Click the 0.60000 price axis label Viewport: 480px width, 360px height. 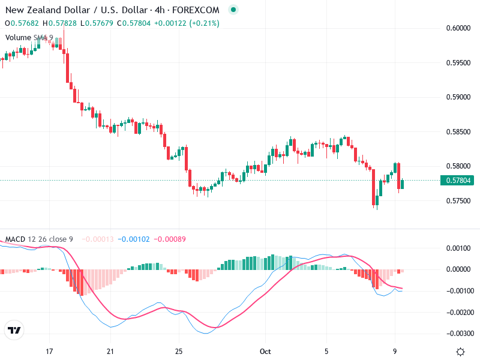pos(458,28)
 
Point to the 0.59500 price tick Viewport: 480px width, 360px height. pos(458,62)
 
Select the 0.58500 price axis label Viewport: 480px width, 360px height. pos(458,131)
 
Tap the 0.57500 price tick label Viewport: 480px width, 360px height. pos(458,200)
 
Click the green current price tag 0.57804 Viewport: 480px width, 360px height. pos(458,180)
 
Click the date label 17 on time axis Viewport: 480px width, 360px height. pos(50,352)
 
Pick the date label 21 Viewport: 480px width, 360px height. pos(110,352)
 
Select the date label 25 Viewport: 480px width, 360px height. pos(179,352)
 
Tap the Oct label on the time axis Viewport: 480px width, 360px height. pos(266,352)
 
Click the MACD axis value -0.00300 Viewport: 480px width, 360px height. pos(460,334)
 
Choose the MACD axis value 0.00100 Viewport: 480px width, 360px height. pos(460,248)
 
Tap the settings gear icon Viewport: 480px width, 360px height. pos(461,352)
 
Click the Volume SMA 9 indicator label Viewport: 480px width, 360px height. pos(29,38)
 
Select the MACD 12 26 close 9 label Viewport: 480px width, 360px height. pos(39,239)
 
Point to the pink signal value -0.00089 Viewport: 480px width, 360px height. pos(170,239)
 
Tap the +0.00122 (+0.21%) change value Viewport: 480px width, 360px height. pos(187,23)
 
